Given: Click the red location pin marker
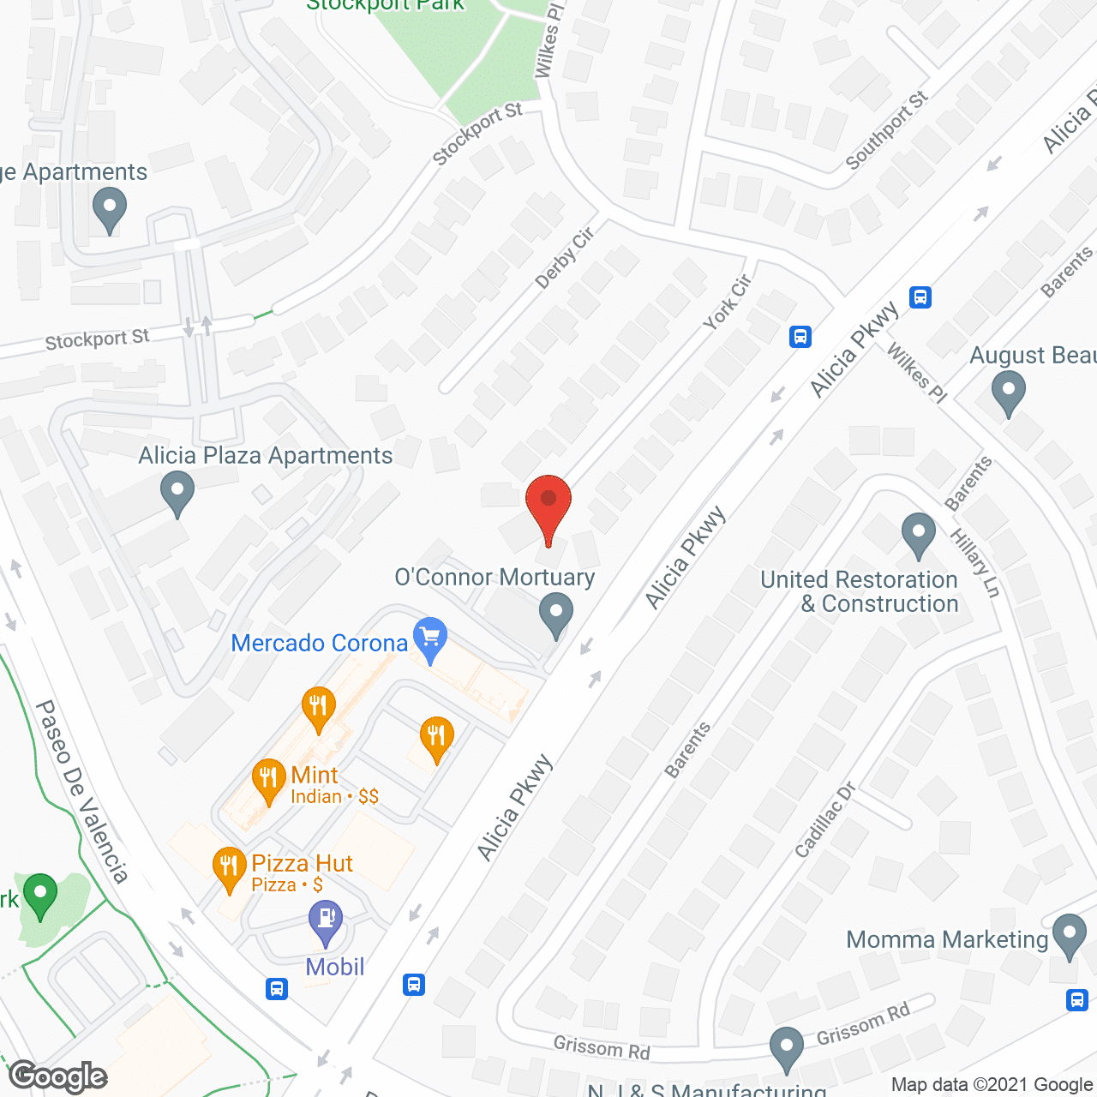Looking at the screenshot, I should [x=548, y=501].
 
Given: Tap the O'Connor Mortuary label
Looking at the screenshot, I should [x=495, y=578].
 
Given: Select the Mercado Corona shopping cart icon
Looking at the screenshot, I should [x=430, y=638].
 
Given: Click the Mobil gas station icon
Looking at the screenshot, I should [x=326, y=921].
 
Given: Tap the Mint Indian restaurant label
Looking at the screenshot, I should [x=315, y=776].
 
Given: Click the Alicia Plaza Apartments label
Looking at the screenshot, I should [x=266, y=456].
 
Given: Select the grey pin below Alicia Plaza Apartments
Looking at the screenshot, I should [x=177, y=495].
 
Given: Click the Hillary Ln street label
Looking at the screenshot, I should [x=975, y=563].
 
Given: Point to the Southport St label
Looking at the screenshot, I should [x=886, y=130].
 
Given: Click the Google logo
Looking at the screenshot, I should [x=58, y=1076].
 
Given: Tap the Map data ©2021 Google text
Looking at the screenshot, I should [x=992, y=1085].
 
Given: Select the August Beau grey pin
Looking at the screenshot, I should [x=1008, y=394].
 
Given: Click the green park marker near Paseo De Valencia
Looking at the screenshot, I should [x=39, y=896].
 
